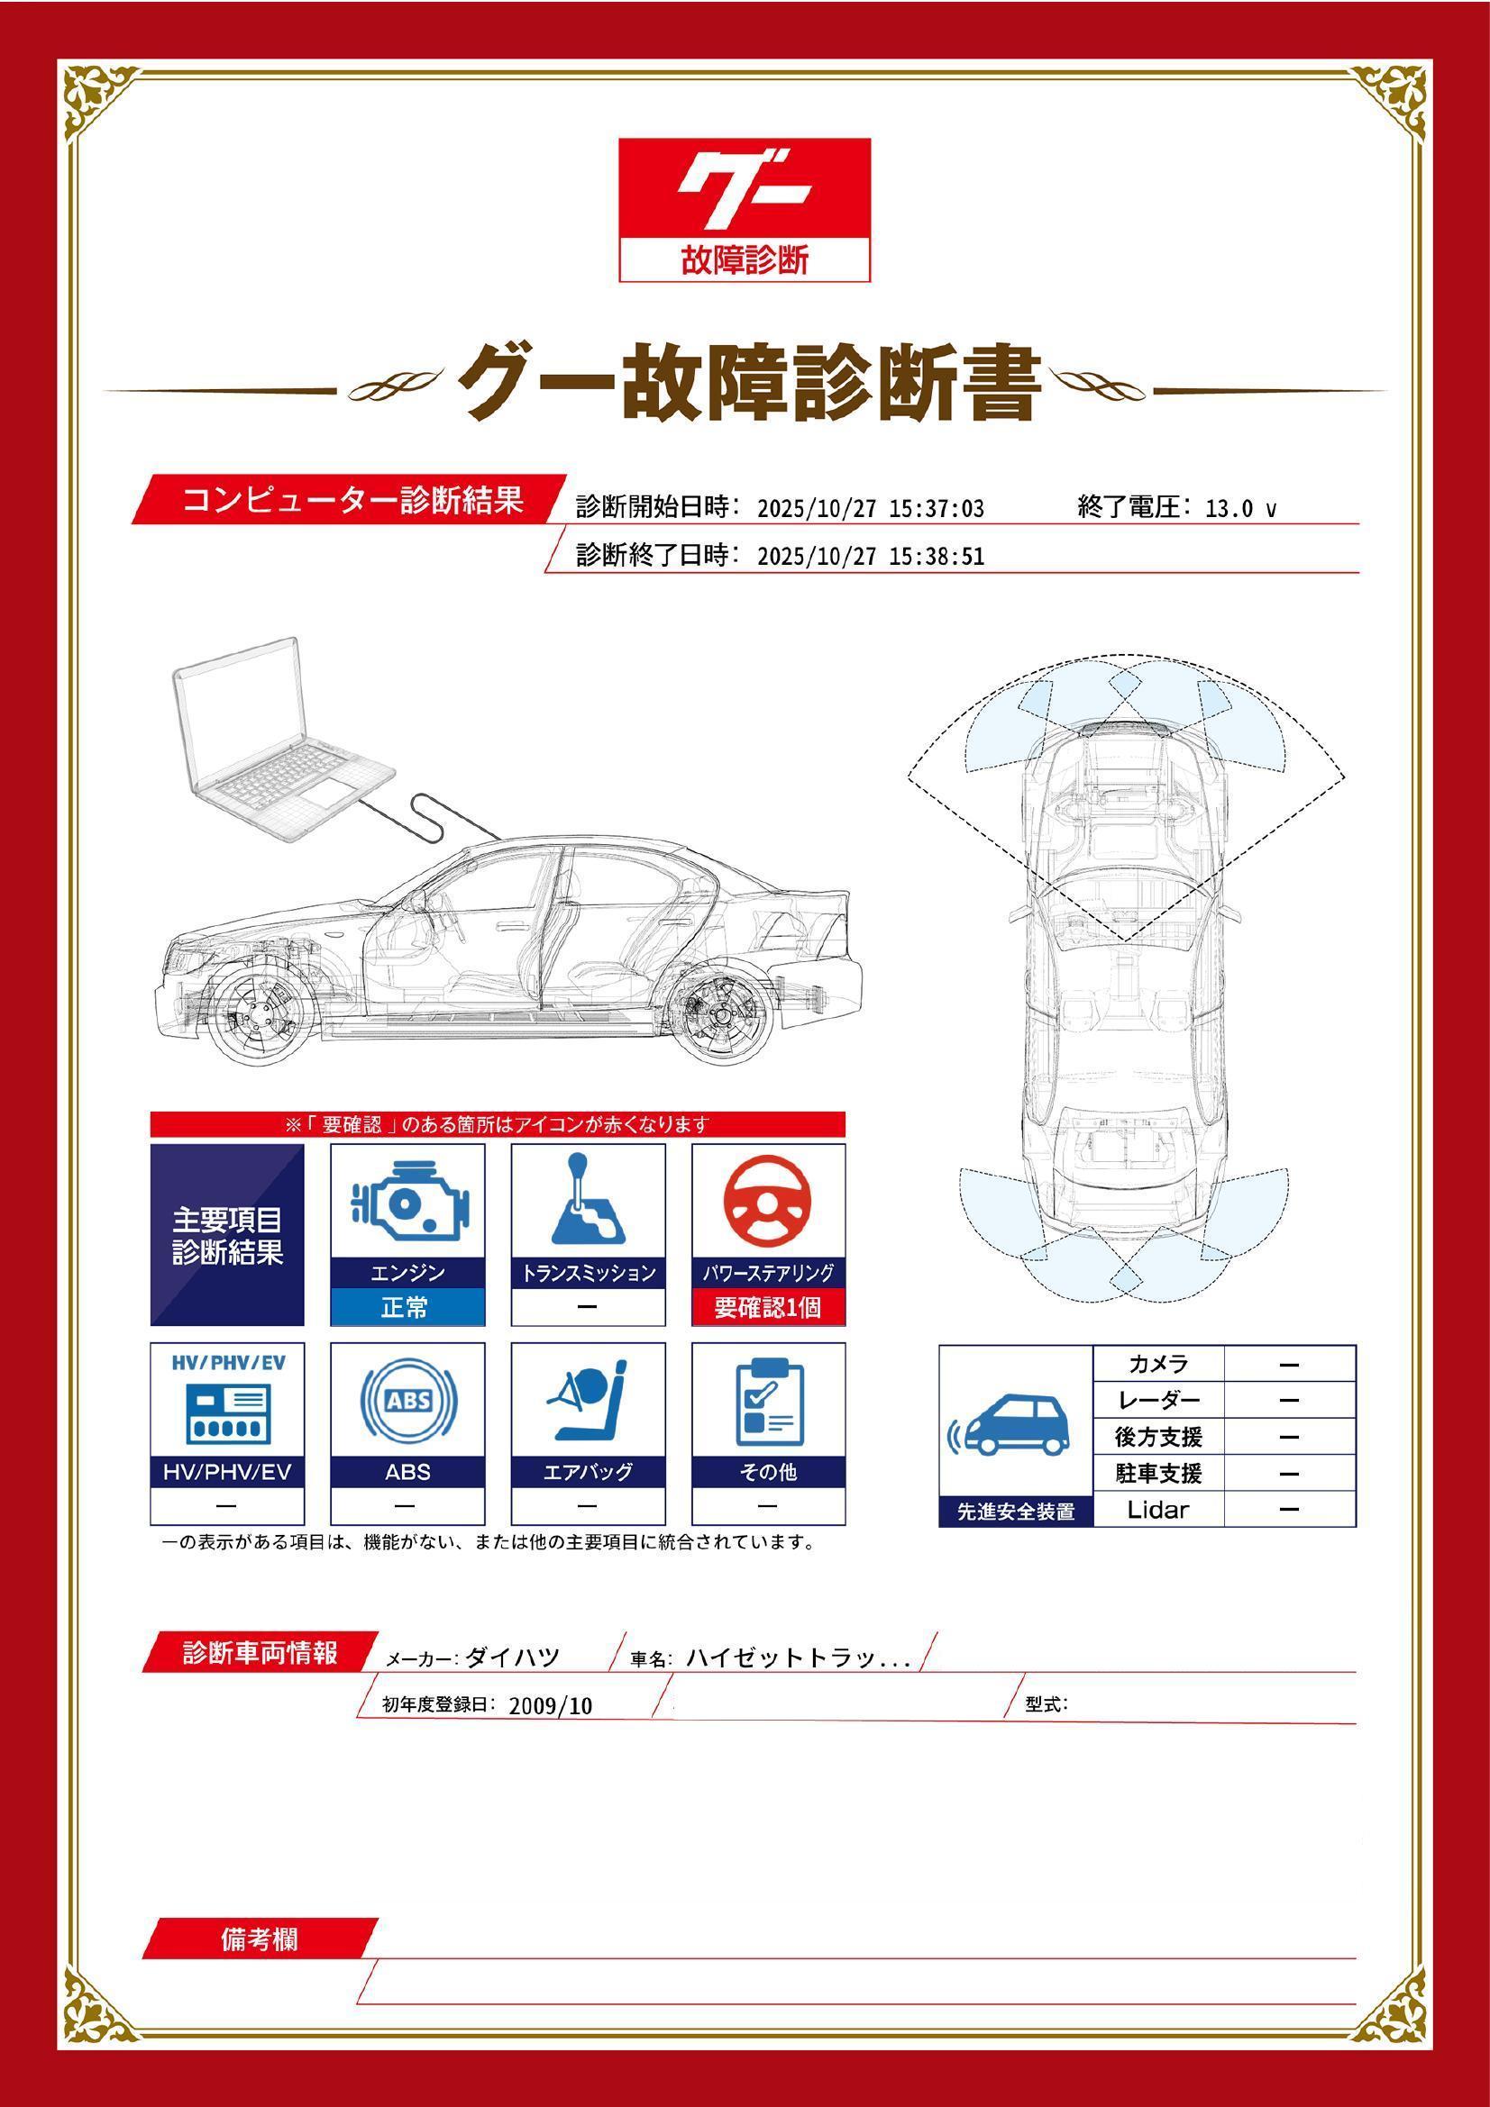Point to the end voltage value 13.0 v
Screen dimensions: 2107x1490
click(x=1239, y=508)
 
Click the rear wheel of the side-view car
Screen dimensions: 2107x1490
click(x=718, y=1016)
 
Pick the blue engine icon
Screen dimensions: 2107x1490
click(x=407, y=1203)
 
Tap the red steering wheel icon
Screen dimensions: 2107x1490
click(x=767, y=1203)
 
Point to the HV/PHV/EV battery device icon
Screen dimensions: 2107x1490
click(x=228, y=1413)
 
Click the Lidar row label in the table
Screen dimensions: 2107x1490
click(x=1157, y=1510)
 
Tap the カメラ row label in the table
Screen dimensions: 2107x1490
click(x=1157, y=1364)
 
